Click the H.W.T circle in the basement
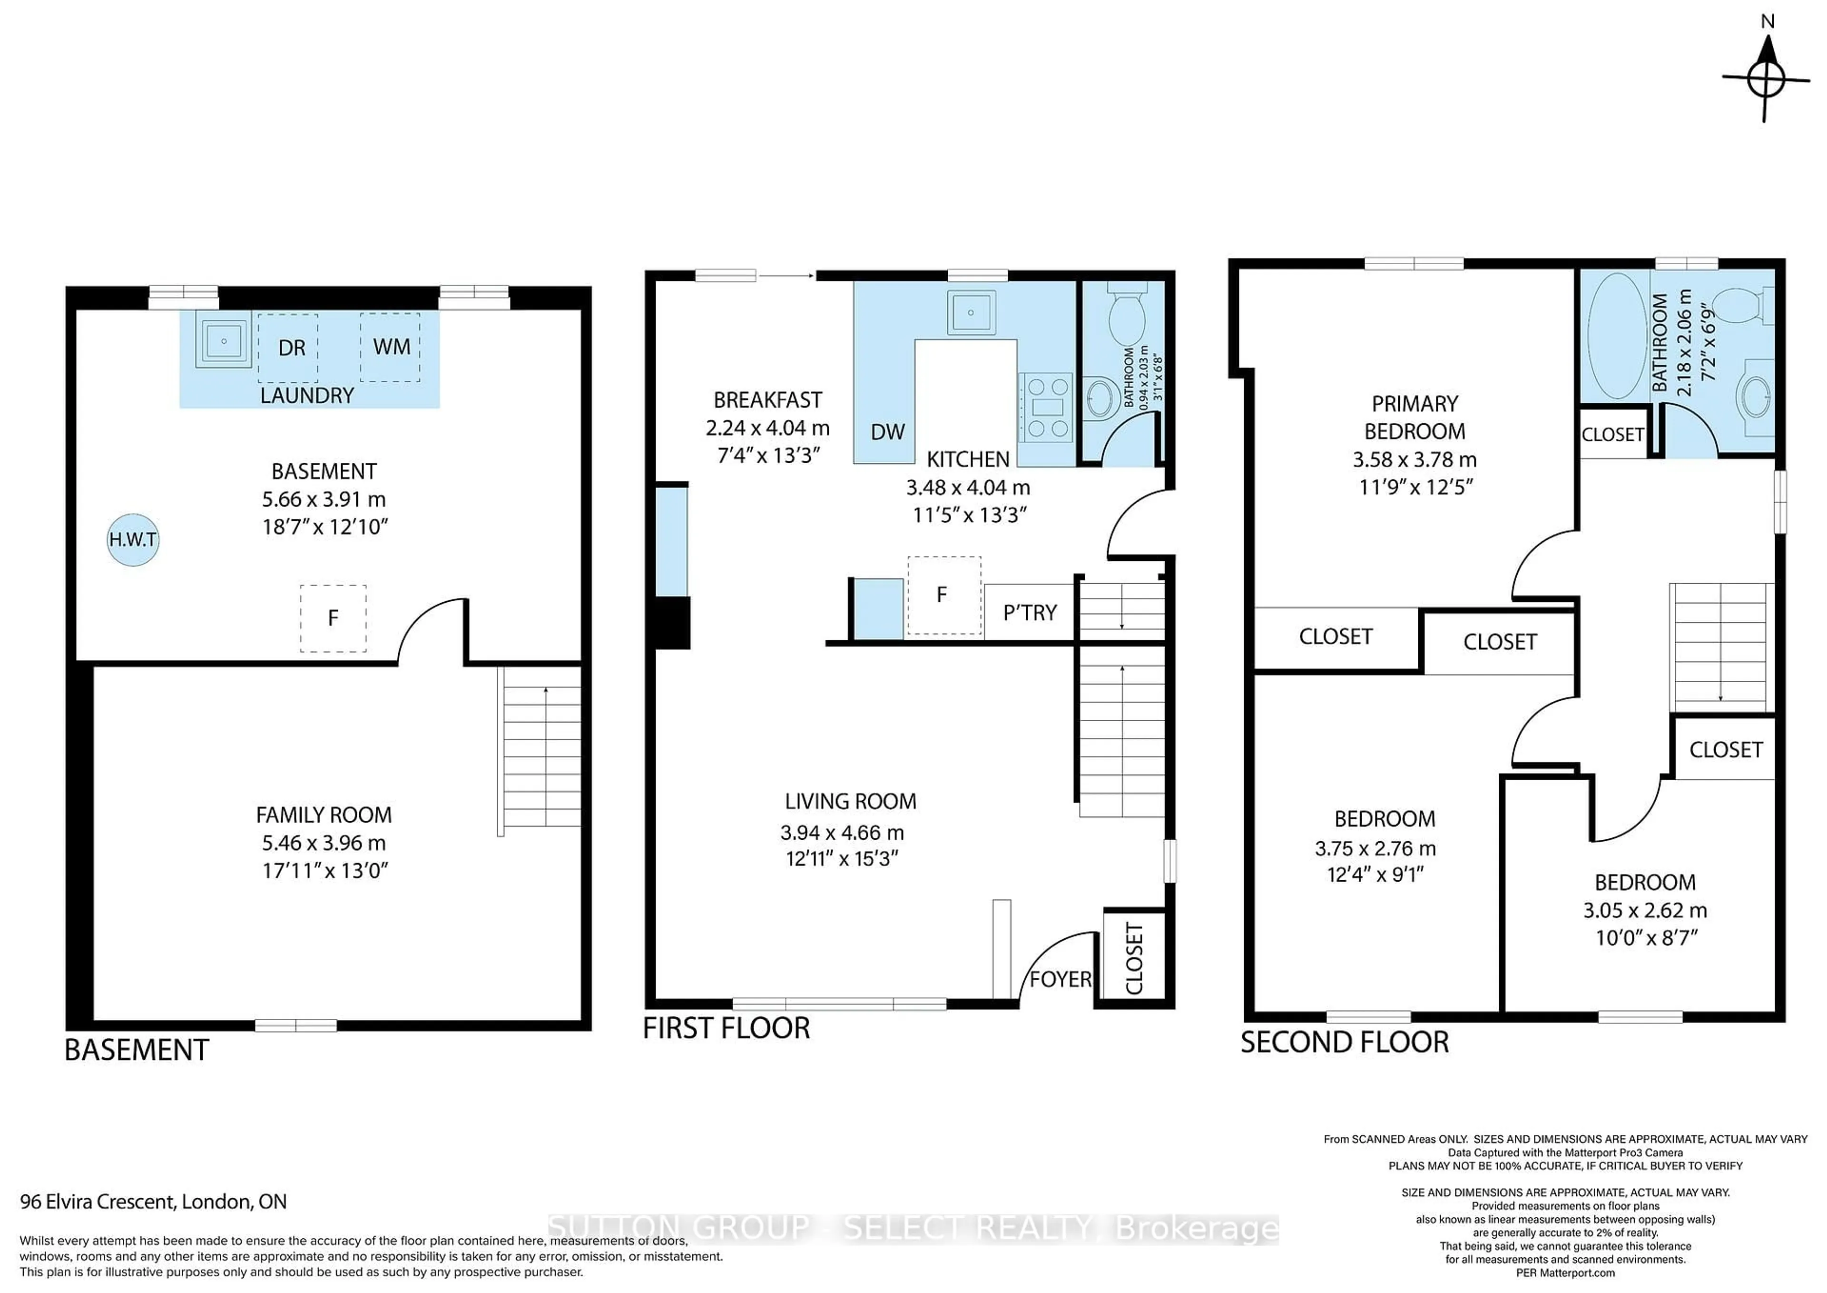click(x=133, y=540)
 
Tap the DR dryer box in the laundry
click(x=287, y=348)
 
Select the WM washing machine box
click(x=390, y=347)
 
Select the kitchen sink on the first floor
click(x=970, y=312)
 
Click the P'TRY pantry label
click(x=1030, y=612)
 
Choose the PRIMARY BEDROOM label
click(x=1414, y=417)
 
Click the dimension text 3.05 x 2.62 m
click(x=1645, y=910)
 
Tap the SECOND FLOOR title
click(x=1344, y=1042)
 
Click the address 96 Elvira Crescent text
click(x=153, y=1202)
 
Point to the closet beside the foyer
click(x=1134, y=958)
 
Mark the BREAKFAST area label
click(x=767, y=400)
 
